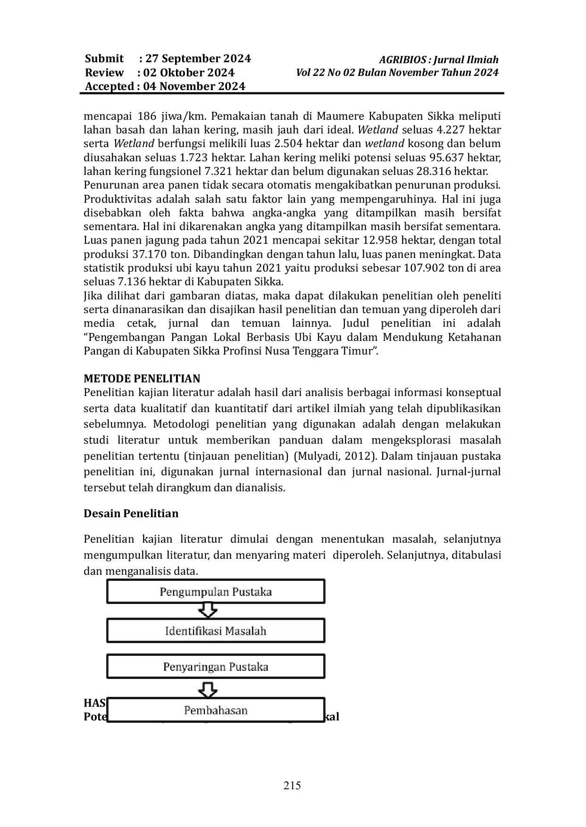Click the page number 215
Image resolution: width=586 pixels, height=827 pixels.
click(292, 785)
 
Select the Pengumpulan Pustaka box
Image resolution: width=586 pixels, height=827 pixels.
click(216, 592)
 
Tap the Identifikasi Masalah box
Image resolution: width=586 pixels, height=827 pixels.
click(216, 631)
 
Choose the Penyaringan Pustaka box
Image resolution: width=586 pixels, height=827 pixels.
click(216, 667)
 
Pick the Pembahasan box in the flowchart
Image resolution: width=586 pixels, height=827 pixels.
click(216, 710)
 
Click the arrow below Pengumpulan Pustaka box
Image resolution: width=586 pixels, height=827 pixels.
click(208, 611)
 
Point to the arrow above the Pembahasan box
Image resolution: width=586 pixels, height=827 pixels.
click(208, 690)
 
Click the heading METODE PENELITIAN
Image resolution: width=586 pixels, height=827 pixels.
click(142, 379)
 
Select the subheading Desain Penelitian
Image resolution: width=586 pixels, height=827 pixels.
click(131, 513)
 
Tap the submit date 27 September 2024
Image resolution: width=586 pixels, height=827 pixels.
click(198, 58)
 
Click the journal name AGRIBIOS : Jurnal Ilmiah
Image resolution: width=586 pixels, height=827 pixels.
click(439, 60)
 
